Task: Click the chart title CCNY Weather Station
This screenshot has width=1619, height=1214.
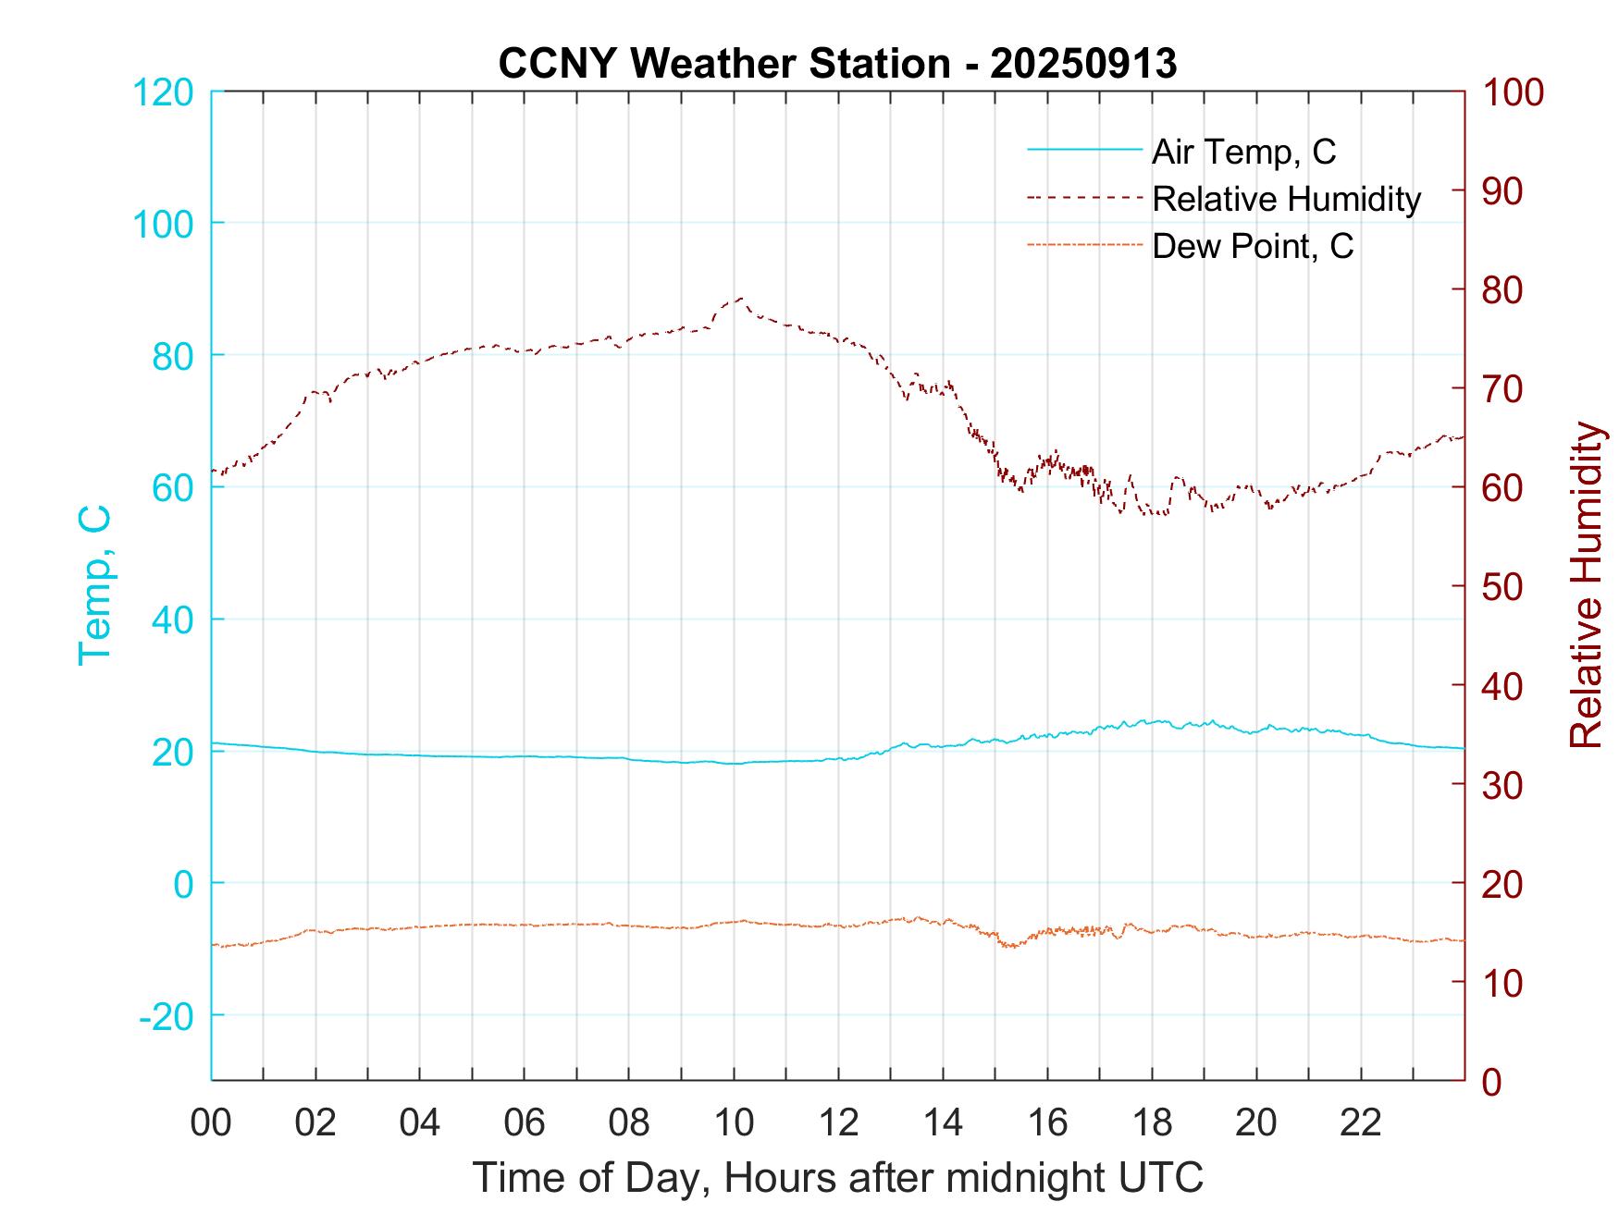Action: (837, 64)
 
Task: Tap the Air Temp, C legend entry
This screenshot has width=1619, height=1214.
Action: (1242, 152)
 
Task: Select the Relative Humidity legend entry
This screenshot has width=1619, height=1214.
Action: (1286, 199)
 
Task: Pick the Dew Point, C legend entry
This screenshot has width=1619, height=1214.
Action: (1252, 247)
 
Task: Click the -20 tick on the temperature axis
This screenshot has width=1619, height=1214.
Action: (167, 1016)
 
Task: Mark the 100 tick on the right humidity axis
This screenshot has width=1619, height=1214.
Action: (1514, 92)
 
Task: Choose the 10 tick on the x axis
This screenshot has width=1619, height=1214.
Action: (734, 1123)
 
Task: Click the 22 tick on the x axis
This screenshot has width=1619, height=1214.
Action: (1361, 1123)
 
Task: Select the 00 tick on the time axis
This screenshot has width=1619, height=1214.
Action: (211, 1123)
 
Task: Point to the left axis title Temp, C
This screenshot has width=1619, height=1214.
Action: (94, 585)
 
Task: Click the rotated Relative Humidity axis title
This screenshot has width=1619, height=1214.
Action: (1586, 585)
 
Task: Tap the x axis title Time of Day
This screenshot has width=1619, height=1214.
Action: (837, 1178)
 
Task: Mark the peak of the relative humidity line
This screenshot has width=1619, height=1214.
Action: (740, 299)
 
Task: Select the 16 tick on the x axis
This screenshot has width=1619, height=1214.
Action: (1047, 1123)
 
